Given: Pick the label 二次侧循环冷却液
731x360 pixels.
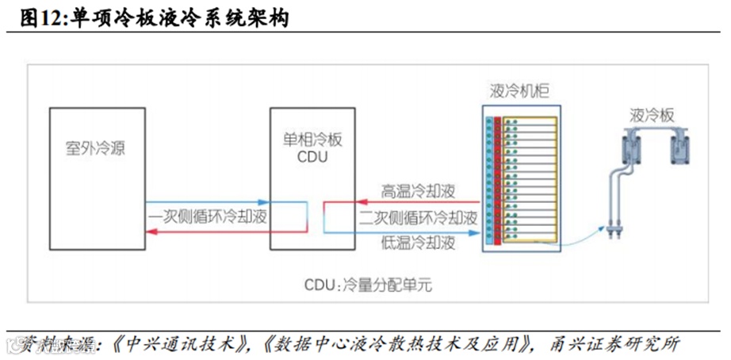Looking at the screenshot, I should (419, 217).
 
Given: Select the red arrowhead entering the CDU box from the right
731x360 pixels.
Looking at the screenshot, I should (327, 204).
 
